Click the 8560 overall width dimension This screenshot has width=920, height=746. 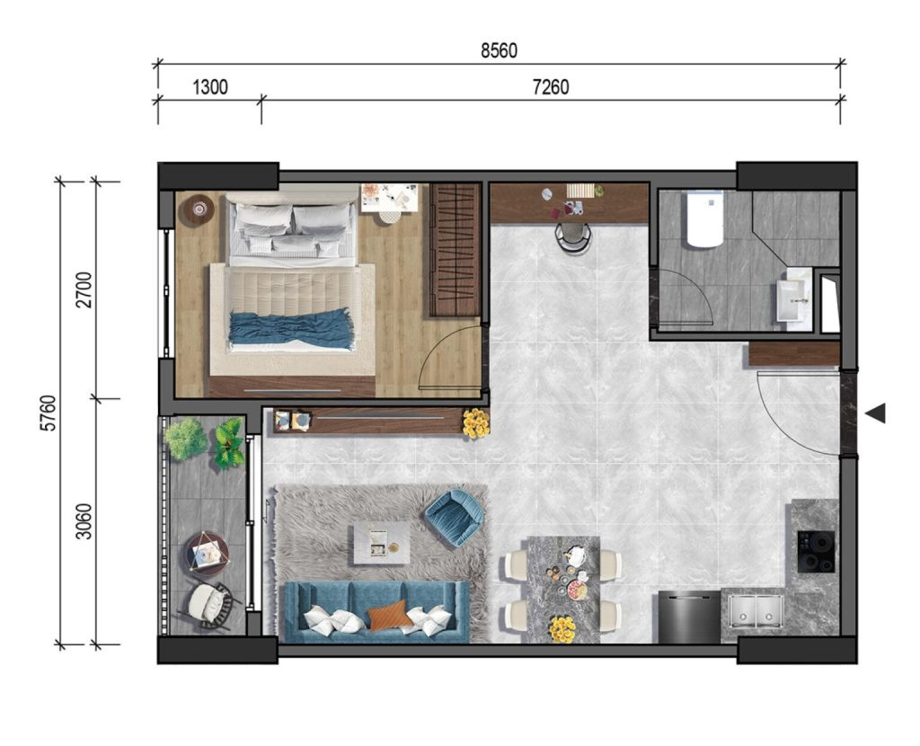499,51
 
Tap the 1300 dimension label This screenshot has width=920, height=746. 210,87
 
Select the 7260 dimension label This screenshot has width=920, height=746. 551,87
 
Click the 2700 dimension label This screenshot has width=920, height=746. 84,289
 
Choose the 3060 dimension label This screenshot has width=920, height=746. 84,522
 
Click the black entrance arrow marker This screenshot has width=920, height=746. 875,413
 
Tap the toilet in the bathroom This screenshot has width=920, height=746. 704,218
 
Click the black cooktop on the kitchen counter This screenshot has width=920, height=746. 816,552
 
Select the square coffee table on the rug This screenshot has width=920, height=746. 381,544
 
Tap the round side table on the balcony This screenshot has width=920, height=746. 208,553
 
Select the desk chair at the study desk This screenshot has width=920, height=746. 573,236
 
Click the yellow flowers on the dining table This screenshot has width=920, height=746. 562,629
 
